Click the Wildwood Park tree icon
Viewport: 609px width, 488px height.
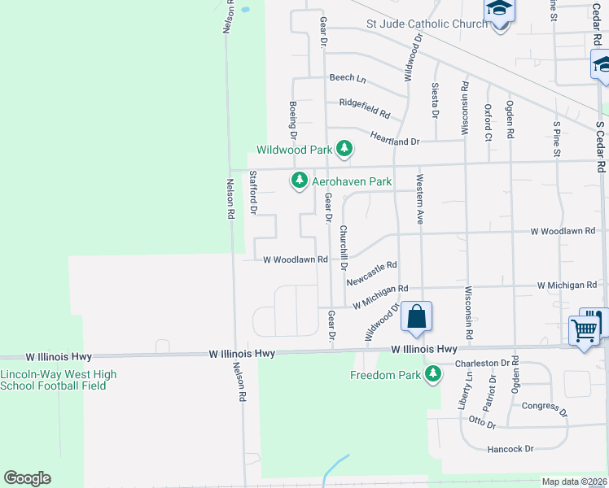click(x=346, y=149)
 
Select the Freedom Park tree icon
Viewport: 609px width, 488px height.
click(x=434, y=374)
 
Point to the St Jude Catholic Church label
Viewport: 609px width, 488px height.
click(x=427, y=24)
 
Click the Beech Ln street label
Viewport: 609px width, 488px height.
click(x=348, y=78)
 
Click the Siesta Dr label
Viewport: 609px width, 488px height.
click(x=436, y=99)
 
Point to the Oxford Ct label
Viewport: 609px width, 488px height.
click(x=488, y=120)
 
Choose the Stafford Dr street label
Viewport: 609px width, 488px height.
click(x=253, y=193)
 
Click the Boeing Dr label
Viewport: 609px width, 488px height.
click(x=293, y=120)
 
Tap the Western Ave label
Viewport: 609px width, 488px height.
click(x=420, y=198)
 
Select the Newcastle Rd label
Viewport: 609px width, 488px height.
click(x=371, y=273)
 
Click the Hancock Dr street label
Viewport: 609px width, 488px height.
click(x=510, y=449)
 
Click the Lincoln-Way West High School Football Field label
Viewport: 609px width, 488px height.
click(x=58, y=380)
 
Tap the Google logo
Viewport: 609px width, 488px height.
click(x=27, y=478)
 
